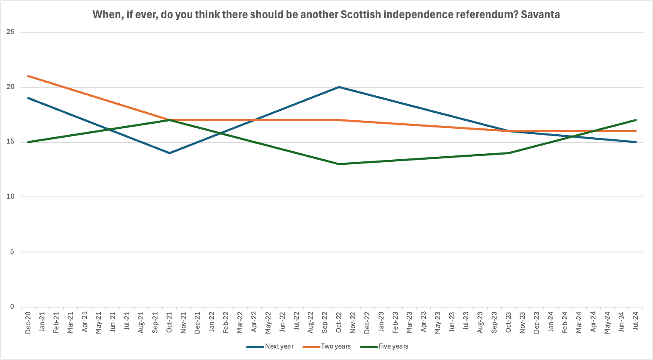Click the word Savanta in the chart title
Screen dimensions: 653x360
pyautogui.click(x=540, y=14)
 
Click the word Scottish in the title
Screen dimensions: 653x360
pyautogui.click(x=361, y=14)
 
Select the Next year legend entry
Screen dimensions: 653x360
pyautogui.click(x=270, y=346)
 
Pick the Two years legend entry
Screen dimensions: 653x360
pyautogui.click(x=327, y=346)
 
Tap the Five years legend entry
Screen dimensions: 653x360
pyautogui.click(x=384, y=346)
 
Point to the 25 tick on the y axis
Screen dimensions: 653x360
pyautogui.click(x=10, y=32)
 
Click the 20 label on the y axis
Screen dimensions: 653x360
pyautogui.click(x=10, y=87)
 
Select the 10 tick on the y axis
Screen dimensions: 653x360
pyautogui.click(x=10, y=197)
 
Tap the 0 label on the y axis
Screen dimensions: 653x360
pyautogui.click(x=12, y=307)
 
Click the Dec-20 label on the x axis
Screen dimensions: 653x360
pyautogui.click(x=28, y=323)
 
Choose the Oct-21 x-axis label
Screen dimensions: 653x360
pyautogui.click(x=169, y=322)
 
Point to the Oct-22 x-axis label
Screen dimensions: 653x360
pyautogui.click(x=339, y=322)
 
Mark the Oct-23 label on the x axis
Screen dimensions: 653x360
pyautogui.click(x=509, y=322)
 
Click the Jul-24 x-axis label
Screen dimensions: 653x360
pyautogui.click(x=636, y=321)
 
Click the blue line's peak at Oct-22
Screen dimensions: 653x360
pyautogui.click(x=339, y=87)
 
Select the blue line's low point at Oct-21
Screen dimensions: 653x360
pyautogui.click(x=169, y=153)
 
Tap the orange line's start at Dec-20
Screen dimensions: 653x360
pyautogui.click(x=28, y=76)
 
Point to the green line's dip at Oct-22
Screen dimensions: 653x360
pyautogui.click(x=339, y=164)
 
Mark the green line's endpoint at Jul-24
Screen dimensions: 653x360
pyautogui.click(x=636, y=120)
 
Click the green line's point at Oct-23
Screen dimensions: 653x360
pyautogui.click(x=509, y=153)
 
